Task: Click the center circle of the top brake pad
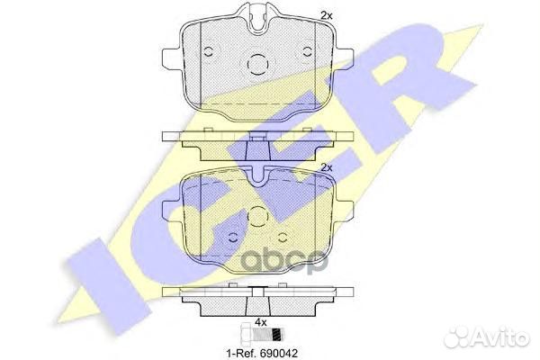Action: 258,65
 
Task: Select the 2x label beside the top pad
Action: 327,15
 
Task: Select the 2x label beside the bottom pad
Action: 327,168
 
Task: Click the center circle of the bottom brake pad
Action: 258,219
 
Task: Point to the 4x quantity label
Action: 259,320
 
